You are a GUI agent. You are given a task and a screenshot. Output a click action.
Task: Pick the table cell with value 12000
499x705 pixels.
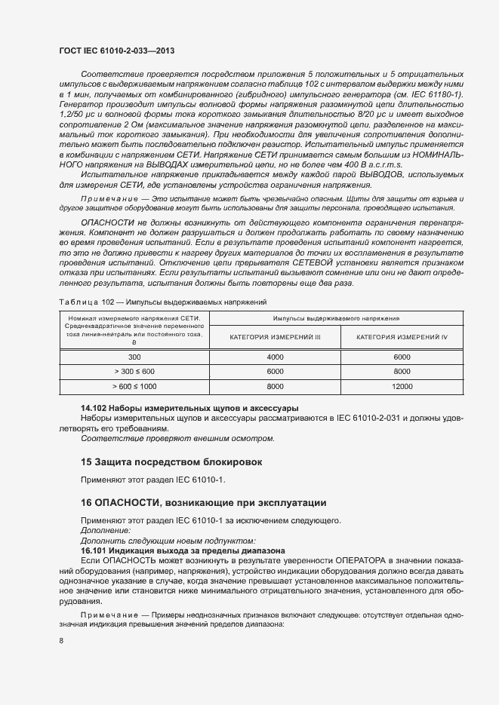402,385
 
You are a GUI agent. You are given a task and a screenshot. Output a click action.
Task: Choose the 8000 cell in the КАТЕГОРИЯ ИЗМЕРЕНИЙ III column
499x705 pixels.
275,385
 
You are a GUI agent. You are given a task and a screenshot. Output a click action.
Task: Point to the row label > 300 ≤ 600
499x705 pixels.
134,371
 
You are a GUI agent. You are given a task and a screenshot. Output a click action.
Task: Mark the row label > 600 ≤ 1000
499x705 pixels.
134,385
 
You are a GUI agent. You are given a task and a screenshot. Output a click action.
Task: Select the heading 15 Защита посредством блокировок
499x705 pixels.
166,461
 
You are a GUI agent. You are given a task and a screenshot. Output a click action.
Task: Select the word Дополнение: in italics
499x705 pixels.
105,531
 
